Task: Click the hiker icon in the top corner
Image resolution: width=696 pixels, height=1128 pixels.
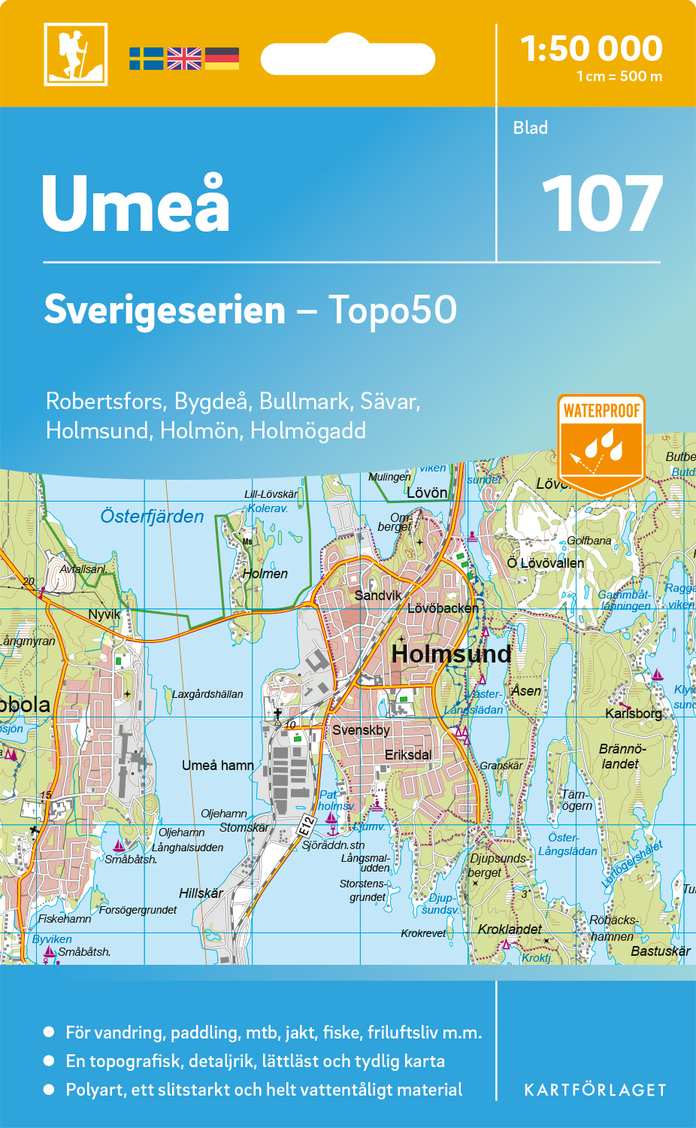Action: pyautogui.click(x=75, y=54)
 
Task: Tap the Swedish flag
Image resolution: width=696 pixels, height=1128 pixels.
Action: pyautogui.click(x=146, y=59)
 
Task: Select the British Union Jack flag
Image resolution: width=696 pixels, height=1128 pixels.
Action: pyautogui.click(x=184, y=59)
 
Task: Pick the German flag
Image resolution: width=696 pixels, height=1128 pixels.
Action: pyautogui.click(x=222, y=59)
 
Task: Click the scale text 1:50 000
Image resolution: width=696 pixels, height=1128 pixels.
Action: pyautogui.click(x=592, y=49)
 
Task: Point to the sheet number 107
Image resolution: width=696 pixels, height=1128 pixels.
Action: pyautogui.click(x=602, y=204)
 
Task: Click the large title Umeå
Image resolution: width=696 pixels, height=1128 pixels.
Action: pyautogui.click(x=135, y=204)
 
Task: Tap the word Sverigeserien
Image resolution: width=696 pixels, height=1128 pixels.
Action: pyautogui.click(x=165, y=310)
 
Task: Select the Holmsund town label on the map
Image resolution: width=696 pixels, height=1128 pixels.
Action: pyautogui.click(x=451, y=653)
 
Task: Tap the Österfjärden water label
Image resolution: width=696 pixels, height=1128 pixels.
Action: pyautogui.click(x=152, y=517)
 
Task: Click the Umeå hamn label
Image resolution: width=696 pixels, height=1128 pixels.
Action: pyautogui.click(x=218, y=766)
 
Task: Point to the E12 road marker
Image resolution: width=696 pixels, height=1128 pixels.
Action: pyautogui.click(x=305, y=825)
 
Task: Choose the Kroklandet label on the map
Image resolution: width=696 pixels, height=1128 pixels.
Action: pyautogui.click(x=510, y=929)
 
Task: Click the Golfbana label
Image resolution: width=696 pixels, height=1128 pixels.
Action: pyautogui.click(x=589, y=541)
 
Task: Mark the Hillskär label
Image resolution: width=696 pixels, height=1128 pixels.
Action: pyautogui.click(x=201, y=893)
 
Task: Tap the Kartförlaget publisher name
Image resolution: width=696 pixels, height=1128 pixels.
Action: pyautogui.click(x=595, y=1090)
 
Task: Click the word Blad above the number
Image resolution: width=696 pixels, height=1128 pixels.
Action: pyautogui.click(x=531, y=128)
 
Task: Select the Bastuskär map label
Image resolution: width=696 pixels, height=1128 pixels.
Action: pyautogui.click(x=661, y=951)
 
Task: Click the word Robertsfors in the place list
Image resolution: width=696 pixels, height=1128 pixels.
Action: pyautogui.click(x=104, y=402)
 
